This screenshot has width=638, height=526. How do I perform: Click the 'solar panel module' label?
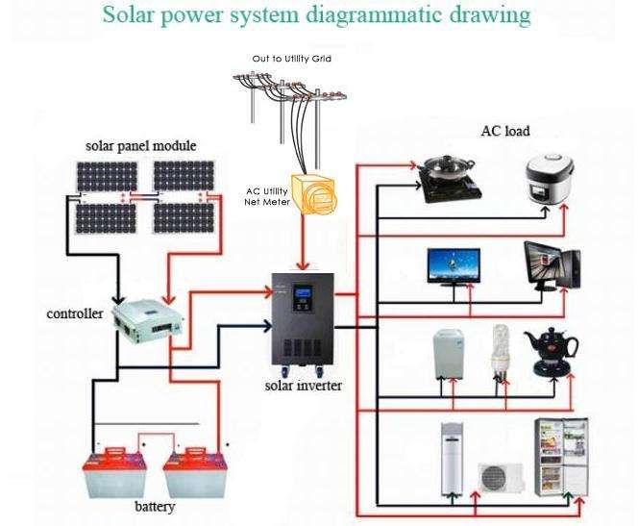pos(140,146)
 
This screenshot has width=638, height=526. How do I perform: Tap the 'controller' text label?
pos(75,314)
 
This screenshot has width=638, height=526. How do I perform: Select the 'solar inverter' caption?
pos(303,387)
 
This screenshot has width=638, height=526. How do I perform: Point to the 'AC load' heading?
pos(505,131)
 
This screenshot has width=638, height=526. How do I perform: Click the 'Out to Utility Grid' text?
pos(291,59)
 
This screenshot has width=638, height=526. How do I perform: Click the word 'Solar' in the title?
pos(131,16)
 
